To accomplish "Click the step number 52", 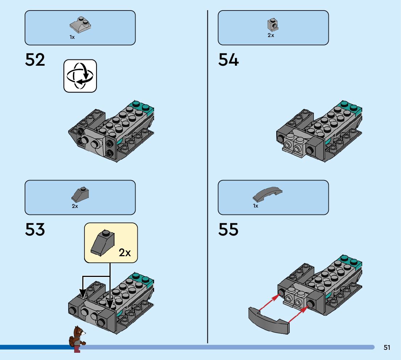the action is [x=35, y=60].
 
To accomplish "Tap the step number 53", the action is [x=35, y=229].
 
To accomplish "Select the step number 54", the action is [x=228, y=60].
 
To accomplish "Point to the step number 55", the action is [x=228, y=229].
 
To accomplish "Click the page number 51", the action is [x=387, y=348].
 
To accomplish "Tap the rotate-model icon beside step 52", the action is [x=80, y=76].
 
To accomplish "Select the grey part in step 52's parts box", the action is [x=80, y=25].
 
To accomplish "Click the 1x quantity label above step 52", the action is [x=72, y=37].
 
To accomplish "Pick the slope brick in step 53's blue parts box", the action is [x=80, y=195].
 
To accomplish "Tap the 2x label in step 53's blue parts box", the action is [x=75, y=206].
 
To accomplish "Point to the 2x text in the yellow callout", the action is [x=125, y=253].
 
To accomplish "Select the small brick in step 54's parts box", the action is [x=272, y=25].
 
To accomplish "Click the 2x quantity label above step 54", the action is [x=271, y=36].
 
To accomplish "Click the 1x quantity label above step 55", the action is [x=256, y=206].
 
